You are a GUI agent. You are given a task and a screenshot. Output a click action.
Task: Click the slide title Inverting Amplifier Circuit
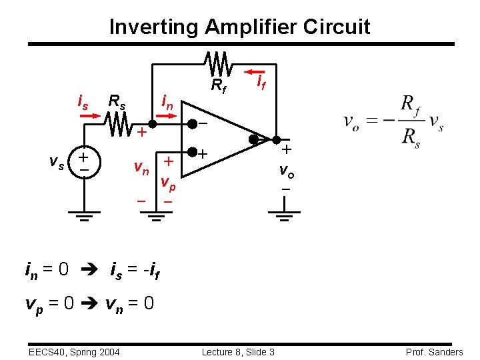(x=239, y=27)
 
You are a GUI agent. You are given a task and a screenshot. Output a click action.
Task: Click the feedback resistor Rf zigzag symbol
(x=218, y=64)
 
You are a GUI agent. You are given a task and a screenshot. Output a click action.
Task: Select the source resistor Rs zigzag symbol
(x=119, y=123)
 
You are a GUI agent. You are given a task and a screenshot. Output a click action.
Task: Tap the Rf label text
(x=218, y=86)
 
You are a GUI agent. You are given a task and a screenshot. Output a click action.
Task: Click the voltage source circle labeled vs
(x=84, y=161)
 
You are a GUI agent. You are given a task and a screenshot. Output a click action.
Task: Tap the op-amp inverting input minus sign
(x=202, y=124)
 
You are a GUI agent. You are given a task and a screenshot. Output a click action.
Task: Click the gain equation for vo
(x=393, y=123)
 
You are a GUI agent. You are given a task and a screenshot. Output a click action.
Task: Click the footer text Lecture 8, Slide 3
(x=239, y=352)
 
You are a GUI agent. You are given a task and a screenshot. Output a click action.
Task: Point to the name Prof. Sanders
(x=433, y=352)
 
